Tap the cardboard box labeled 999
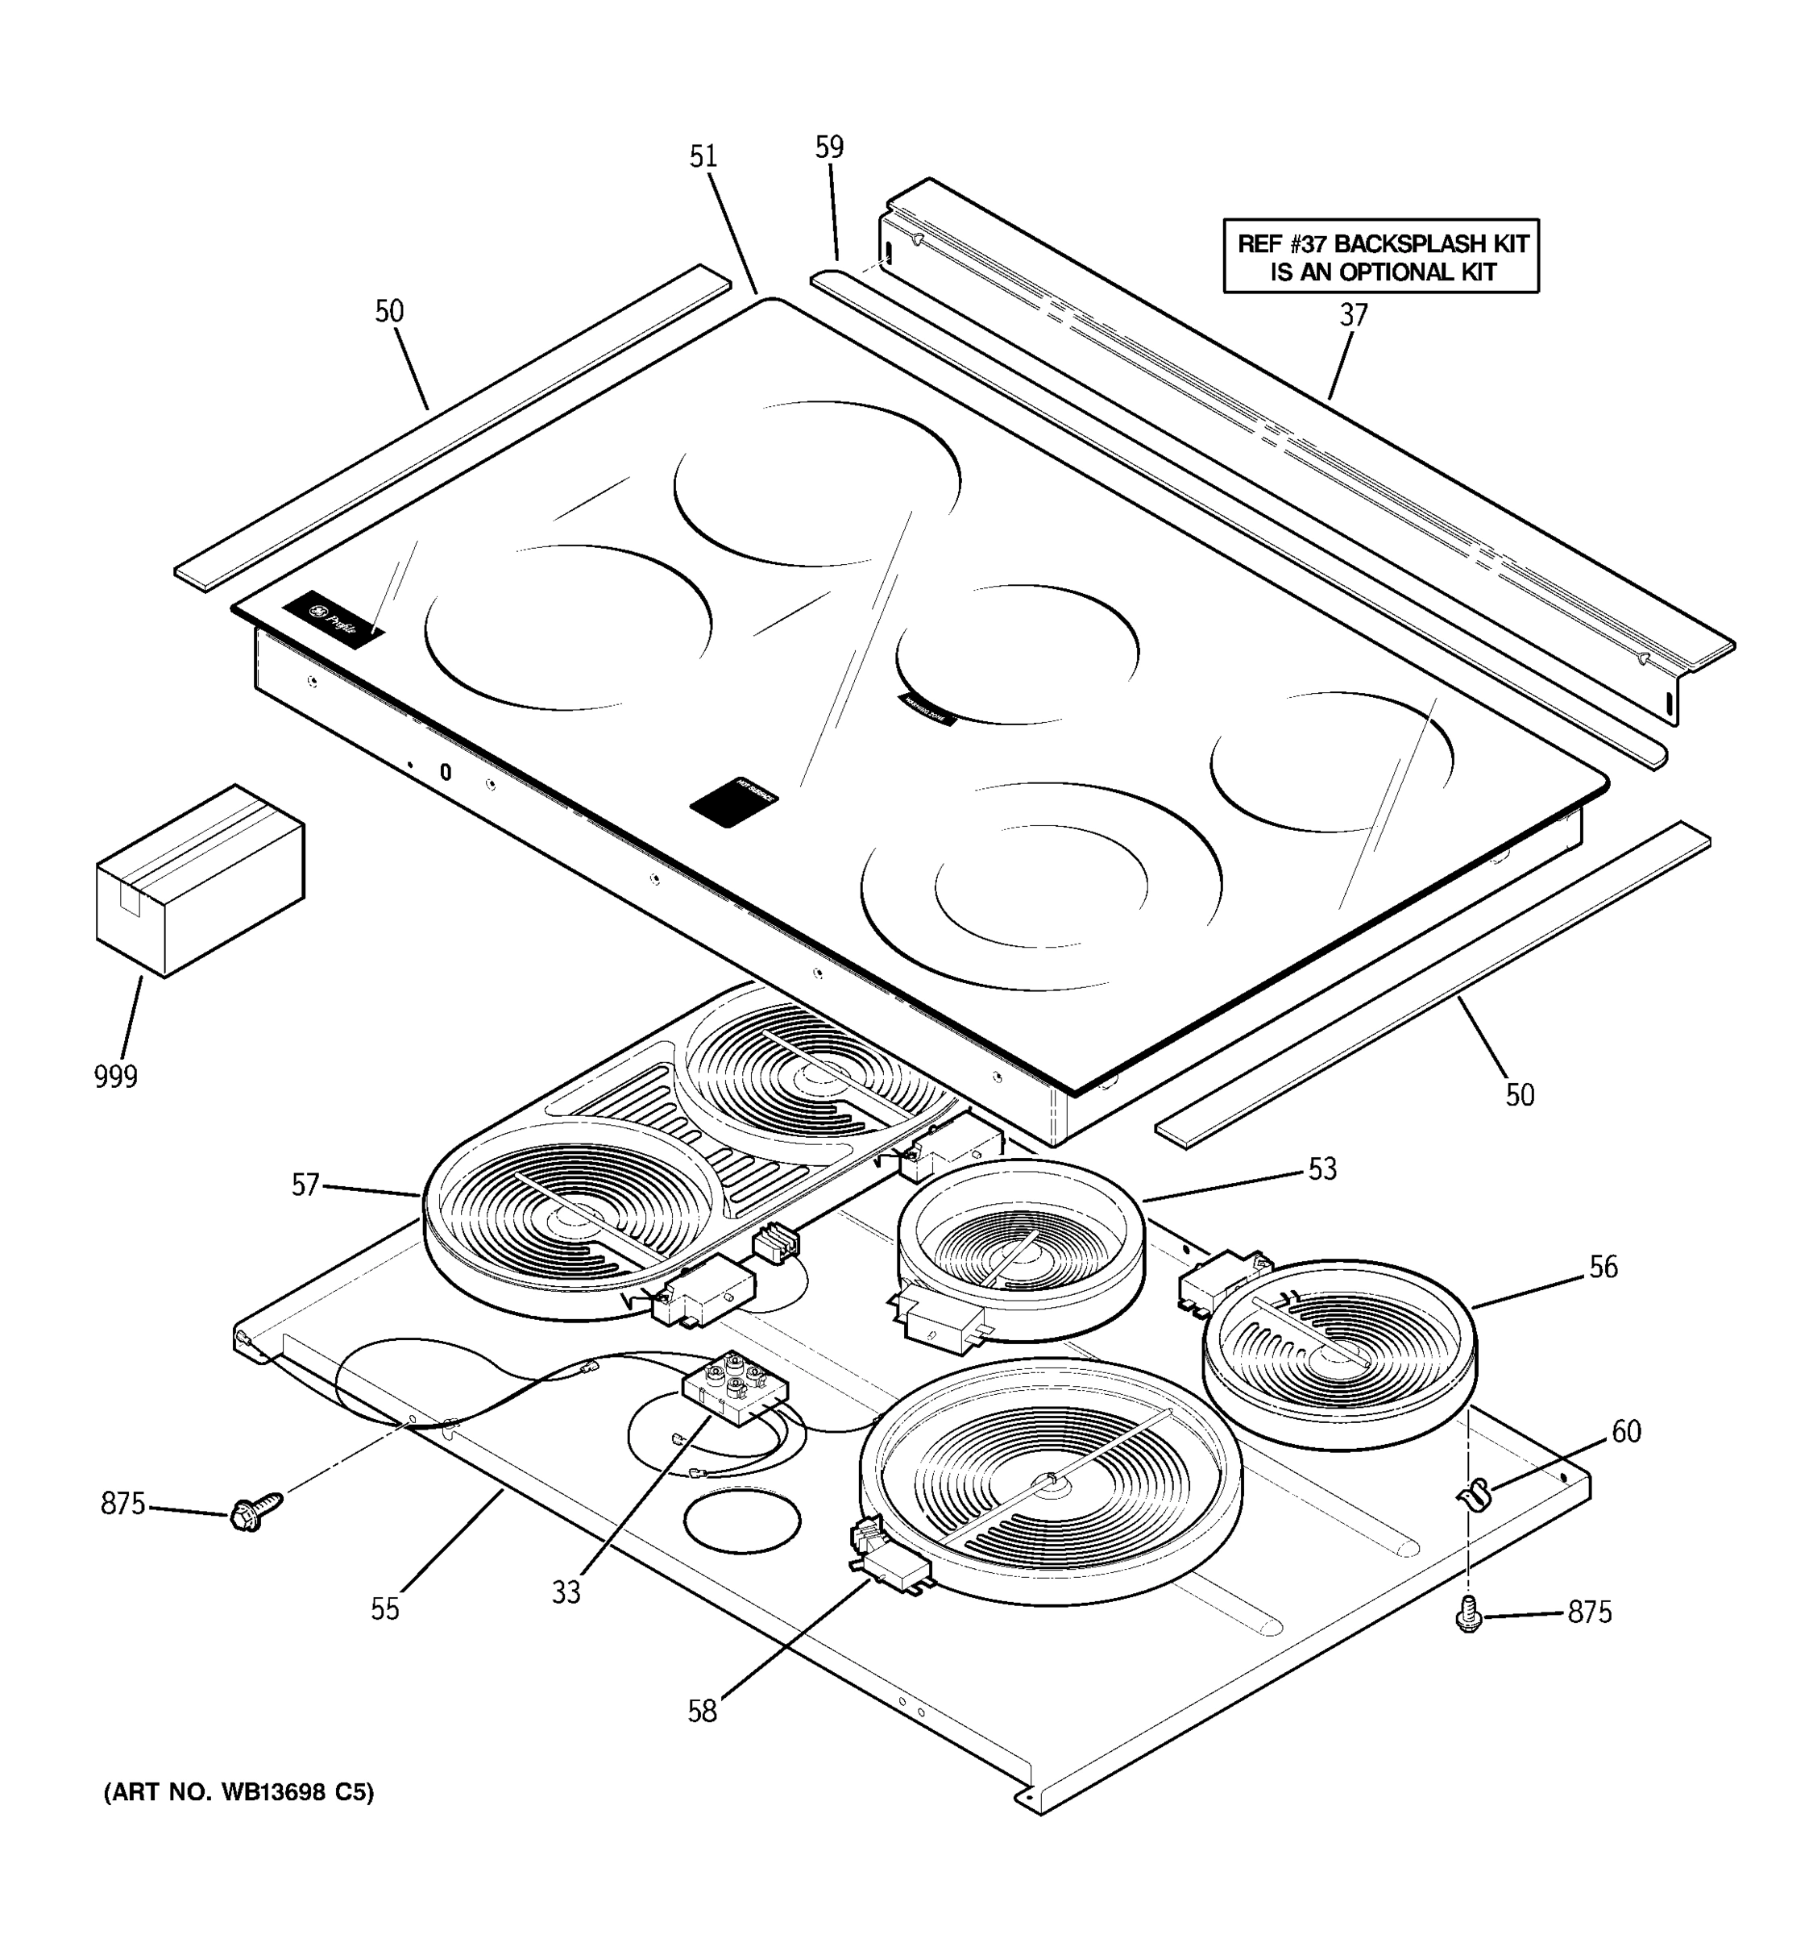tap(199, 881)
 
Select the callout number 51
tap(703, 156)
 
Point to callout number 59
tap(828, 147)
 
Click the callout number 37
tap(1353, 315)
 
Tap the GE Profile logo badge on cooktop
tap(334, 620)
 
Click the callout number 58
tap(703, 1712)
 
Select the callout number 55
tap(385, 1609)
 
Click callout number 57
tap(305, 1184)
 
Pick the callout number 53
tap(1321, 1168)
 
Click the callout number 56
tap(1603, 1267)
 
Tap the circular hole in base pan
tap(742, 1520)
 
